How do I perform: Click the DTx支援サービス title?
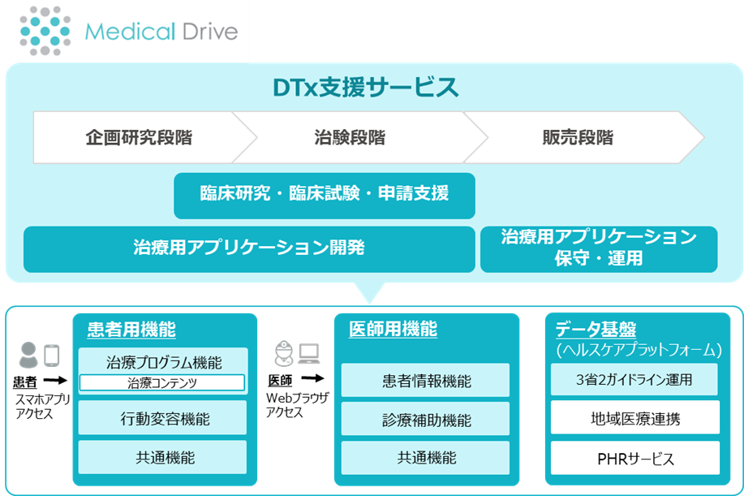click(364, 86)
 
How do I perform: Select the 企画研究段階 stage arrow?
click(139, 137)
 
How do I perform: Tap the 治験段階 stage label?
click(349, 137)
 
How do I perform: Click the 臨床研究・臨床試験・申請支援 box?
click(324, 195)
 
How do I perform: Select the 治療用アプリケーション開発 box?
click(248, 248)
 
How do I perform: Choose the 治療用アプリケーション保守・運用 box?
click(599, 248)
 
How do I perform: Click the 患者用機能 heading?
click(131, 329)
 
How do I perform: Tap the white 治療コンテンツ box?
click(162, 382)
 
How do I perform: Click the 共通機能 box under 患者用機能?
click(162, 457)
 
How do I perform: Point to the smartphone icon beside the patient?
click(52, 355)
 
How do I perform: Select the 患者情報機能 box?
click(425, 381)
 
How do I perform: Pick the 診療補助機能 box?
click(425, 420)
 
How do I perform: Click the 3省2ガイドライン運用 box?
click(634, 379)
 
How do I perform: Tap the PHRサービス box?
click(634, 459)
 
